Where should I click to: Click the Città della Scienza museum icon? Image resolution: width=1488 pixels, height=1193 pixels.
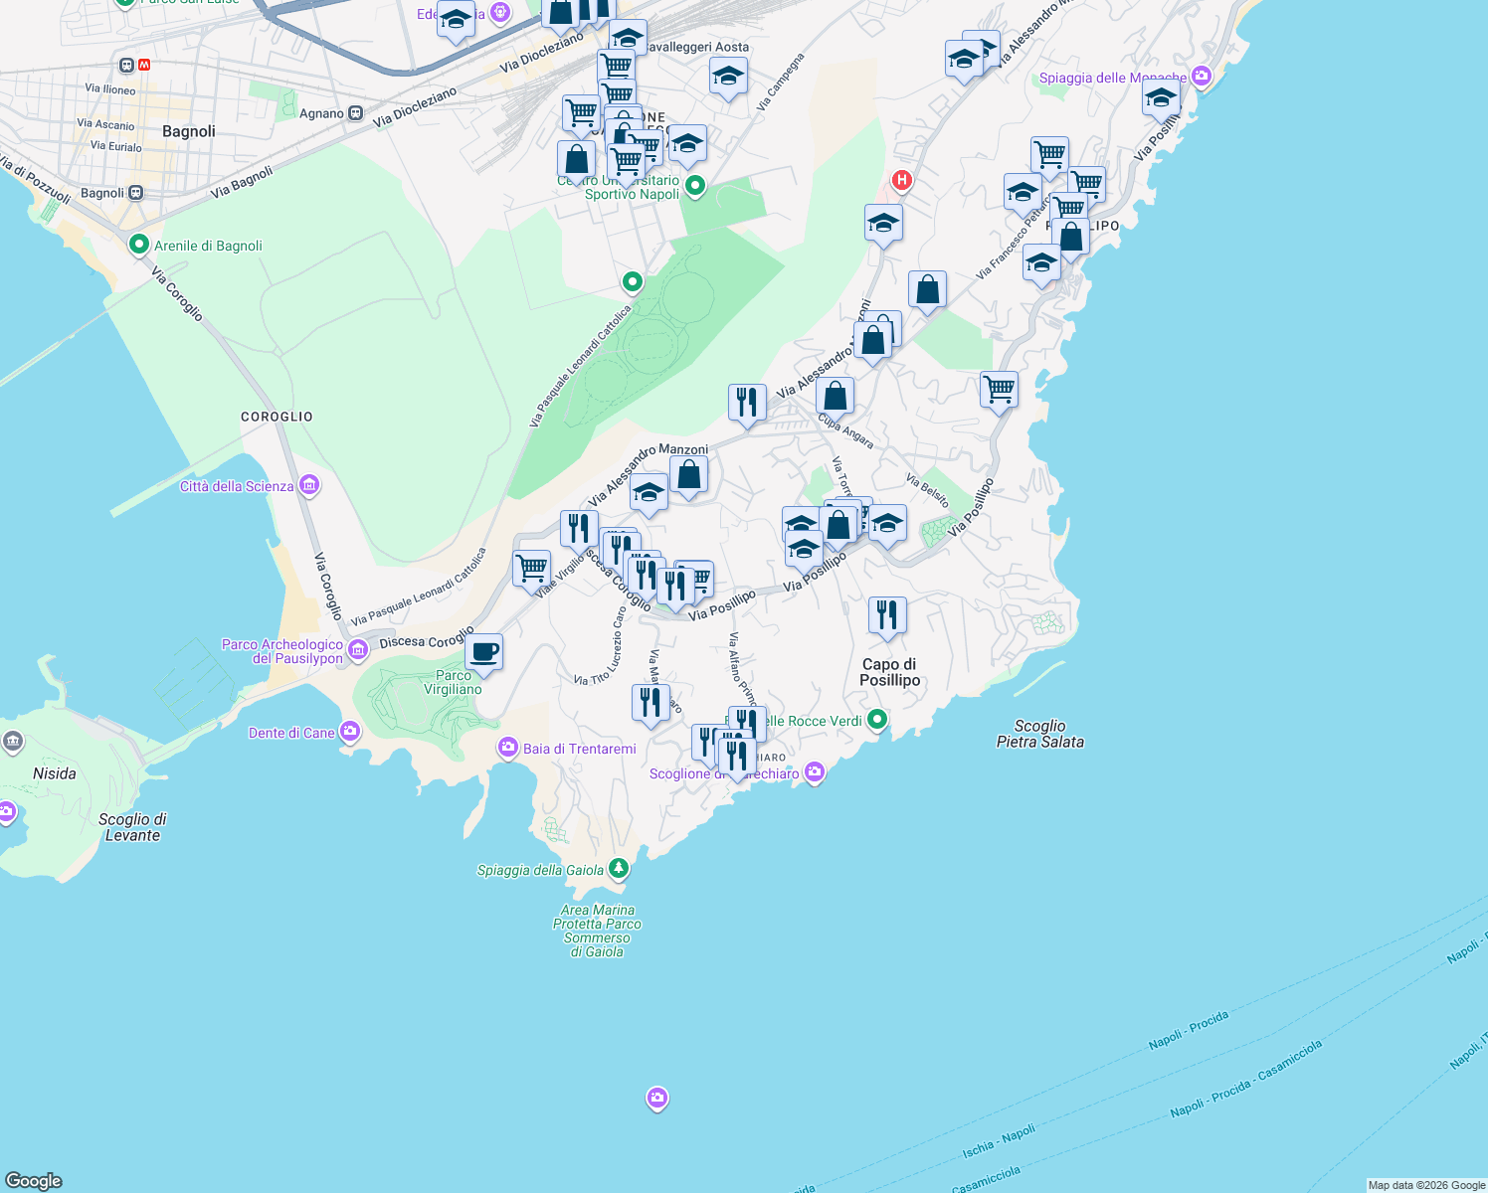tap(309, 486)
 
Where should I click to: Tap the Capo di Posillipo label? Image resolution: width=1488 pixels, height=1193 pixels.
tap(889, 672)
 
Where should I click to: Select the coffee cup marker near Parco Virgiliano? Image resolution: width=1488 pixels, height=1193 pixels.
tap(484, 652)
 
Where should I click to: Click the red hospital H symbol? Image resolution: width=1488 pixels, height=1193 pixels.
tap(901, 180)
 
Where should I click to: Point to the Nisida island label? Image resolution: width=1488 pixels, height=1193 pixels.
tap(54, 773)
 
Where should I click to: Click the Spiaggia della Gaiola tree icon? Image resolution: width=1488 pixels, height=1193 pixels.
tap(619, 869)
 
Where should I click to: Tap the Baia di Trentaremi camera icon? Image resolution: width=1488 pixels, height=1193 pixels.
tap(508, 748)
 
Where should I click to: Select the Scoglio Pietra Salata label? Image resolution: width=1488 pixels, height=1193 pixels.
tap(1039, 734)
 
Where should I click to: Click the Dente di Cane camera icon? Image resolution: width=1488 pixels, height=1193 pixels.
tap(349, 733)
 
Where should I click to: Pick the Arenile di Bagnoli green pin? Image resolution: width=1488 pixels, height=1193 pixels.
tap(138, 245)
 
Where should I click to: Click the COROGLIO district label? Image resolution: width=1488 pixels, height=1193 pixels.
tap(277, 417)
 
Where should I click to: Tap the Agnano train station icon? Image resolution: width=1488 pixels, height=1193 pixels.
tap(356, 113)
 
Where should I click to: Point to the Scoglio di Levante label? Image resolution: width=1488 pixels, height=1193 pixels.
tap(132, 827)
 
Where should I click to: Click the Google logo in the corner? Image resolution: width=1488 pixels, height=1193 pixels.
tap(33, 1181)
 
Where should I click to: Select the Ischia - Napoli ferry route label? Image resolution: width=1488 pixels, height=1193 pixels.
tap(998, 1142)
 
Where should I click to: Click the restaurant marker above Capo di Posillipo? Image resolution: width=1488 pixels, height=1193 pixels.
tap(887, 616)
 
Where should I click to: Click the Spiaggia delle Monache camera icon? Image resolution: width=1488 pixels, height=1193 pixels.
tap(1202, 77)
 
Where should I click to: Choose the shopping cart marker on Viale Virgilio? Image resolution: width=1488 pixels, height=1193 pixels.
tap(532, 569)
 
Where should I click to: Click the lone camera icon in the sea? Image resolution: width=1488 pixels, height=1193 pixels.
tap(656, 1099)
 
